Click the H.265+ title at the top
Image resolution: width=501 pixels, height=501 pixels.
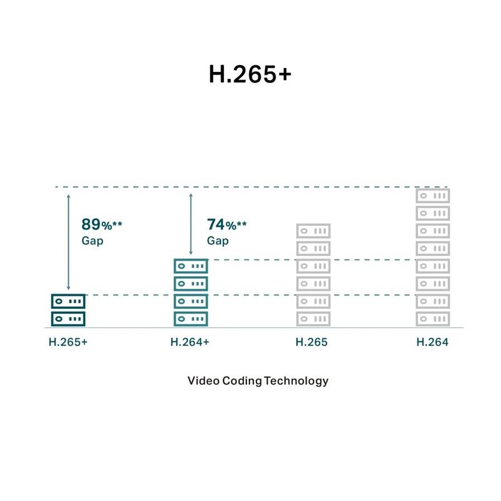coord(250,74)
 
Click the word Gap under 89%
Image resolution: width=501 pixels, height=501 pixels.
coord(92,240)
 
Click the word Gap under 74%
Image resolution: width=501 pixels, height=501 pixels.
coord(218,240)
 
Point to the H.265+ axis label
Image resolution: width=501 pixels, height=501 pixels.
coord(68,342)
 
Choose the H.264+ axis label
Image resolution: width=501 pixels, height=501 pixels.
coord(190,342)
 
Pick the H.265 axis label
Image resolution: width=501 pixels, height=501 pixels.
coord(312,342)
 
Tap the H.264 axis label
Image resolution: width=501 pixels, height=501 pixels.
coord(433,342)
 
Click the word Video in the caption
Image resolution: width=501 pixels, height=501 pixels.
coord(203,381)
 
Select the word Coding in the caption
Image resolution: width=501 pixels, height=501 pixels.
coord(242,381)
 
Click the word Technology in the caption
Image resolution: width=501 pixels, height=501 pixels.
coord(296,381)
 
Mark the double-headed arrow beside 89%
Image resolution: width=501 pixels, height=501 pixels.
coord(68,242)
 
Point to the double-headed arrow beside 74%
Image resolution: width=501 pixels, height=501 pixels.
coord(191,224)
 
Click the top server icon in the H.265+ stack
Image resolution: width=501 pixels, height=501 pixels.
coord(68,301)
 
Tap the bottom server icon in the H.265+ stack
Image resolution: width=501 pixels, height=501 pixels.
coord(68,319)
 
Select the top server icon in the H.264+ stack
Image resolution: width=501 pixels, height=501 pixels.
coord(191,266)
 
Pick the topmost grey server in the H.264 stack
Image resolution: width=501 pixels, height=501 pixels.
coord(433,196)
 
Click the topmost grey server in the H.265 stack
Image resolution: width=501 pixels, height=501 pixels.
coord(313,231)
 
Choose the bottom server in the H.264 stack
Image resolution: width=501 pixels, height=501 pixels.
coord(433,319)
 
